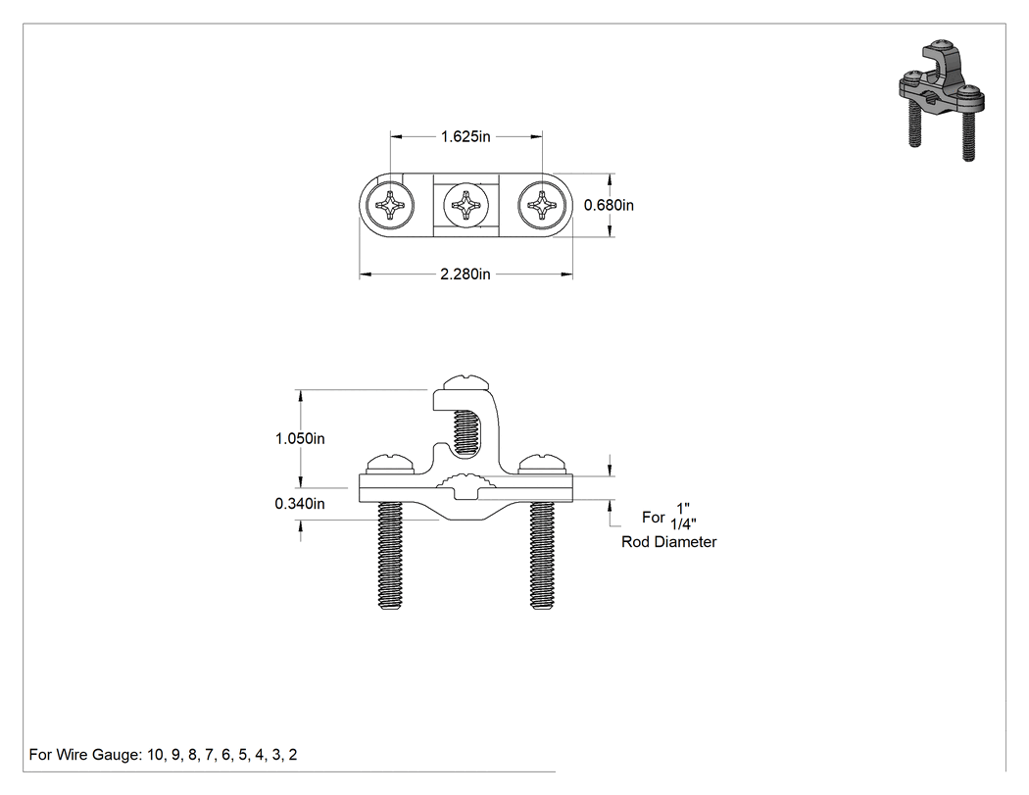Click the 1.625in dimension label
pos(465,136)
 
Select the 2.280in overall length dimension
pos(465,274)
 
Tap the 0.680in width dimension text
pos(609,206)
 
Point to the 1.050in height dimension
pos(300,438)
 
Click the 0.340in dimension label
pos(300,504)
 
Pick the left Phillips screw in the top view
pos(390,206)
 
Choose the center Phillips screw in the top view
pos(466,206)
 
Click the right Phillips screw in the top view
pos(543,206)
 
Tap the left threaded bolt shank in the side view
pos(390,556)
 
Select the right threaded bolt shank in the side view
pos(542,556)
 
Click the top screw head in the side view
pos(465,382)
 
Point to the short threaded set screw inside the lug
pos(465,431)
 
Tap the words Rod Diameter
pos(668,542)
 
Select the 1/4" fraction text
pos(683,523)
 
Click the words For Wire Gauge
pos(84,755)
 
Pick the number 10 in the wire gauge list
pos(156,755)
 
